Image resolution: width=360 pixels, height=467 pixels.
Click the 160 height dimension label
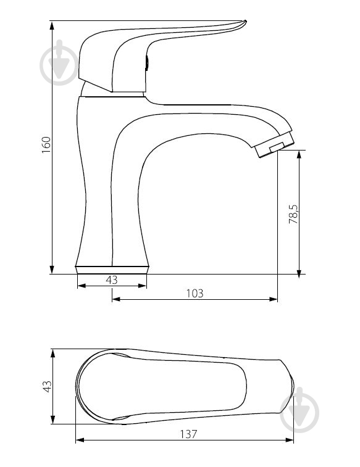click(46, 145)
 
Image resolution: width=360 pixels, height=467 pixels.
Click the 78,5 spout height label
click(293, 215)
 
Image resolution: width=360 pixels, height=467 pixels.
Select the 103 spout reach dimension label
click(195, 294)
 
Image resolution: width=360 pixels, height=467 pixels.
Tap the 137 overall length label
click(188, 434)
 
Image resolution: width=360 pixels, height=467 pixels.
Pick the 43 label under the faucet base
click(112, 280)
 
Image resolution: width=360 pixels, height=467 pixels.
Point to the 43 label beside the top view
click(48, 387)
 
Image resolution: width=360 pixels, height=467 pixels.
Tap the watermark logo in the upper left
click(59, 63)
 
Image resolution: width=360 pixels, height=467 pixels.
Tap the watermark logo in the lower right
click(299, 410)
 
